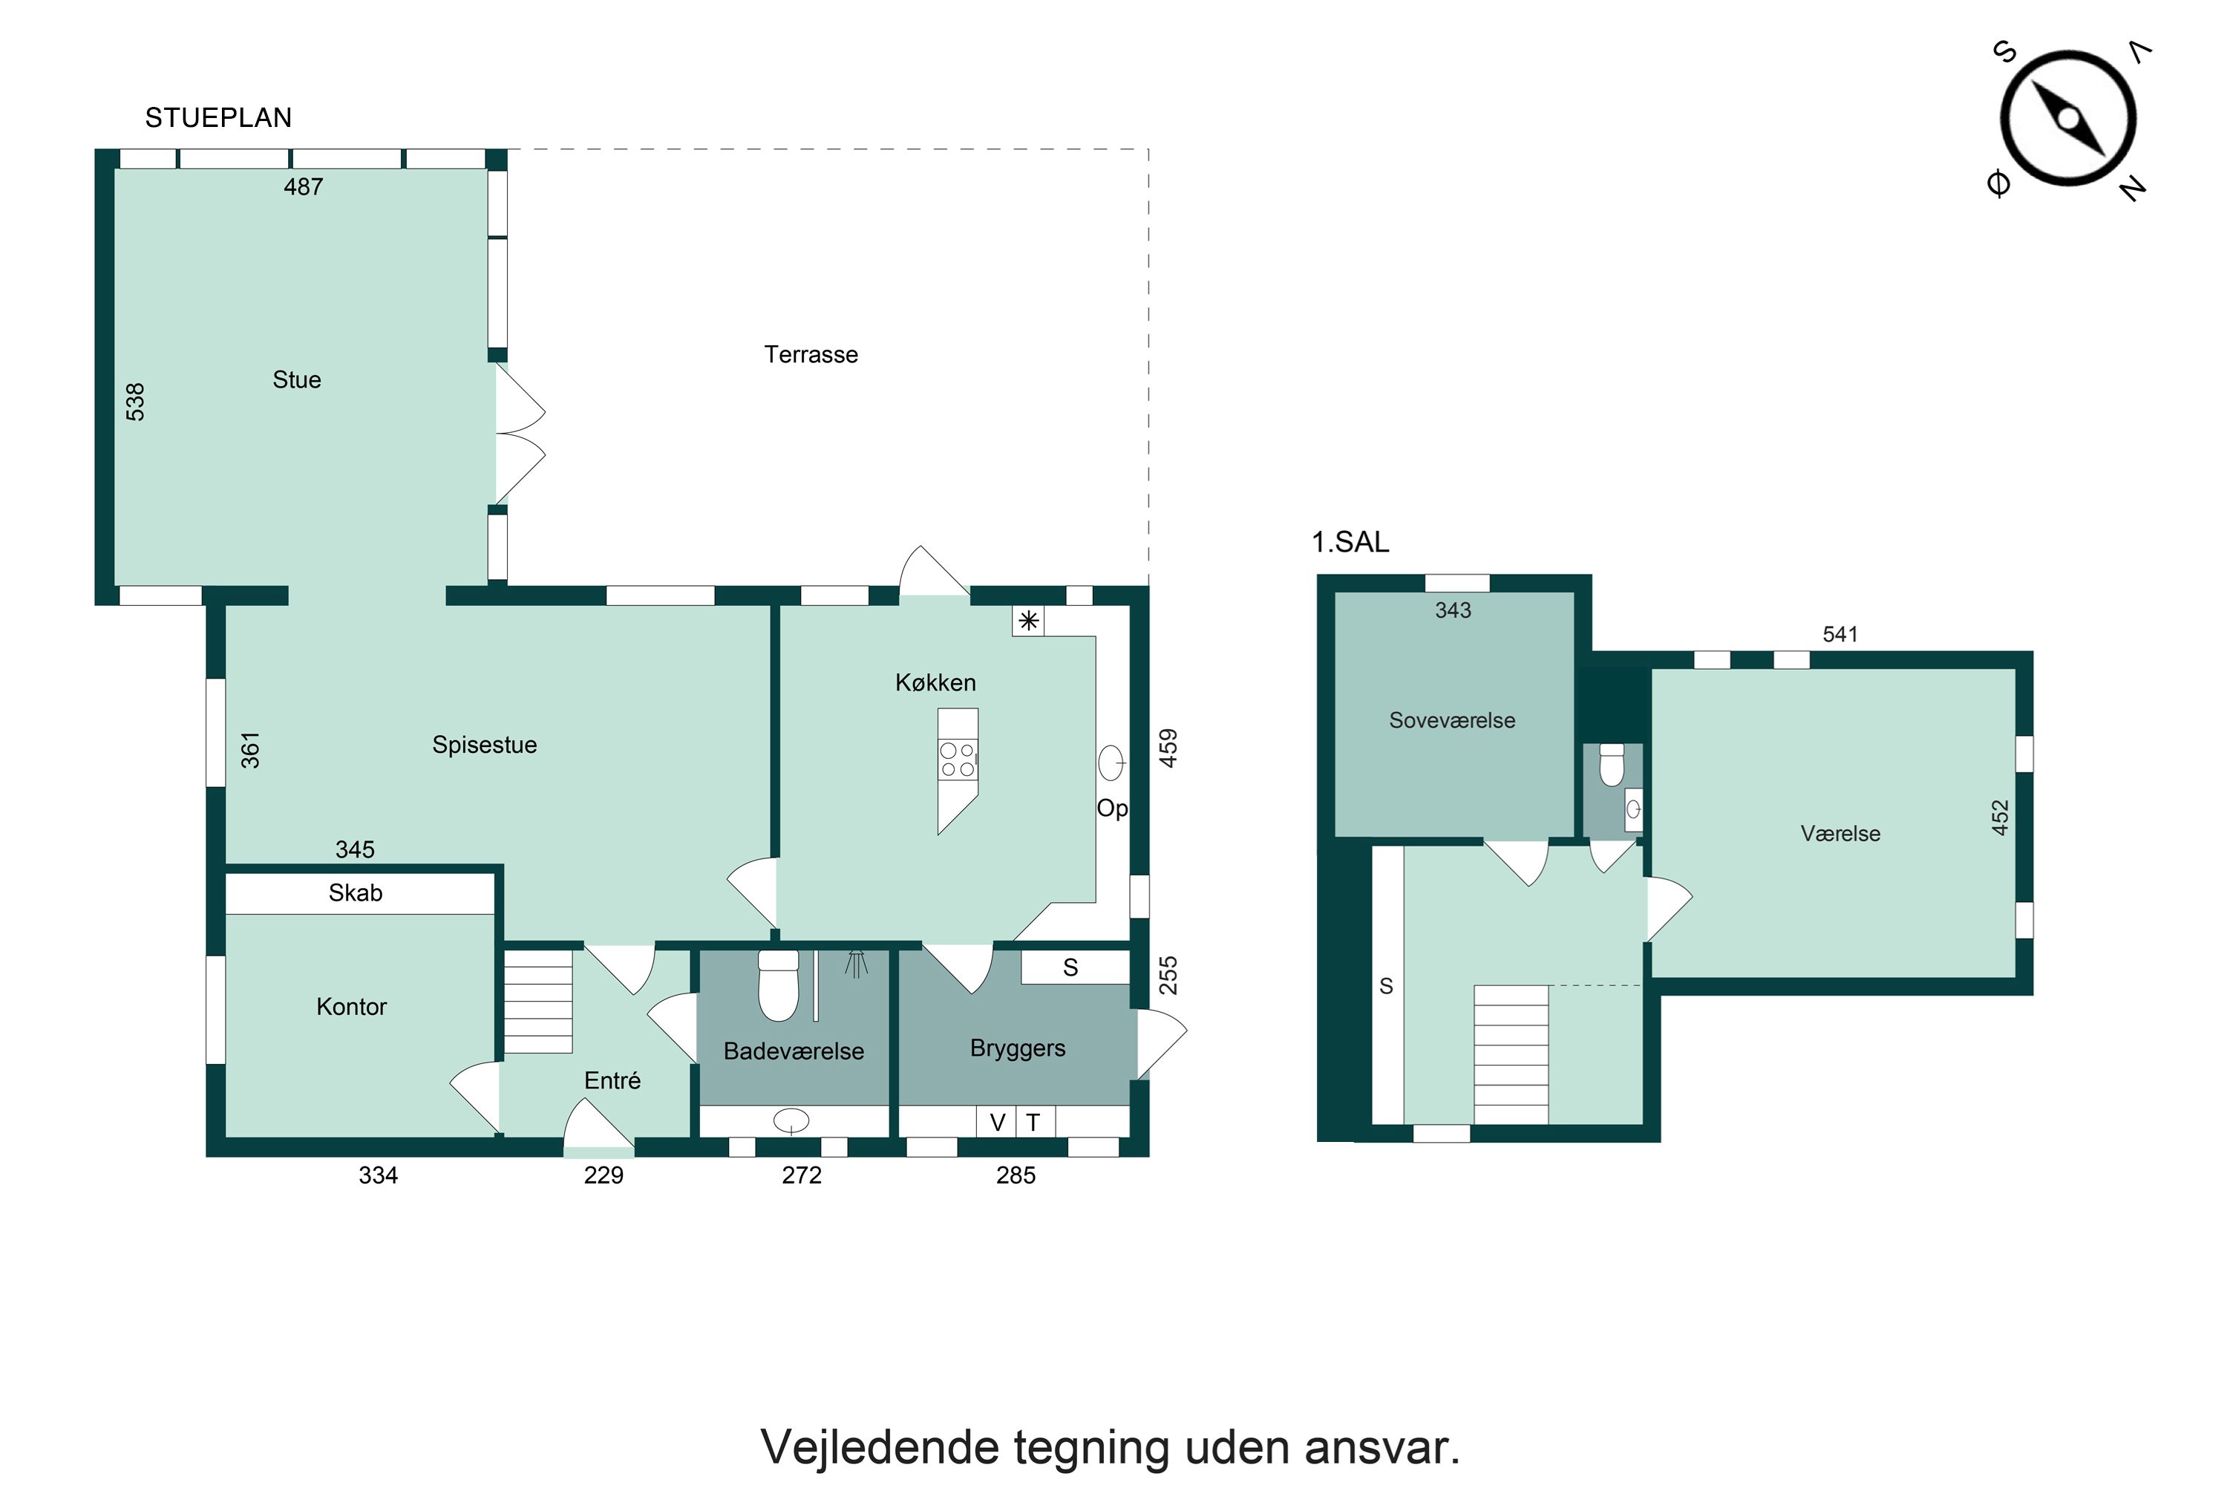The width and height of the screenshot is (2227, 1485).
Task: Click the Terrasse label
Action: [811, 354]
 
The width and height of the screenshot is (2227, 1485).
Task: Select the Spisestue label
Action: [484, 745]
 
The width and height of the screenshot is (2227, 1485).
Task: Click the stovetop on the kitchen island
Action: [958, 760]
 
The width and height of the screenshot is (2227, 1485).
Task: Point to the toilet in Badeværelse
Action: [778, 986]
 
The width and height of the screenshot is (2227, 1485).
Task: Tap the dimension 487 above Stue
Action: [303, 186]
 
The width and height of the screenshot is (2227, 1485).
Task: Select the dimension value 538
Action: [135, 402]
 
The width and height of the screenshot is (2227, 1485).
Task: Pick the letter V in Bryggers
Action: [997, 1122]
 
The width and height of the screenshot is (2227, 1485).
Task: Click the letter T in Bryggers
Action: [1033, 1122]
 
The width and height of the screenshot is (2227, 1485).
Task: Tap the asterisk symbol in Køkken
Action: [1028, 621]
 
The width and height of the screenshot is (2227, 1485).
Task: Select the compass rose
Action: [2068, 120]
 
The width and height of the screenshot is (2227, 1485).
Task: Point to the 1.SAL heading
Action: [1350, 542]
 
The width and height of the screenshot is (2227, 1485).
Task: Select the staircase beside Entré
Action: [537, 1002]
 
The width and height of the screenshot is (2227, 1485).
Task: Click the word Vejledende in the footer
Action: [880, 1447]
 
